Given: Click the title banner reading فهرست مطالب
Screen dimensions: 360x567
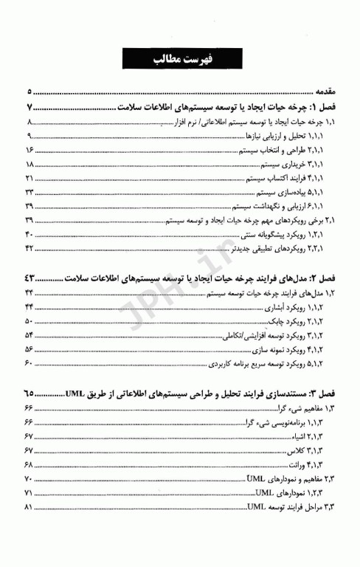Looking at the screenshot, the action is [179, 59].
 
